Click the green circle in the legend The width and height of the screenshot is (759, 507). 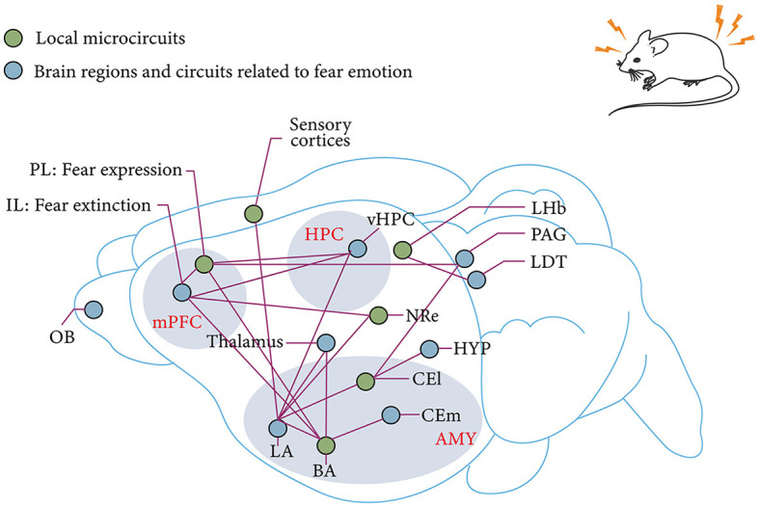coord(14,38)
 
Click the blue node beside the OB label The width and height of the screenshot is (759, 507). coord(94,309)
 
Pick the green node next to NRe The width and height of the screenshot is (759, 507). coord(378,315)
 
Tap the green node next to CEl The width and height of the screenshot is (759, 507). coord(366,383)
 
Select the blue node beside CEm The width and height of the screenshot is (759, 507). coord(391,415)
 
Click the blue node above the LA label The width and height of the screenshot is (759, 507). coord(278,427)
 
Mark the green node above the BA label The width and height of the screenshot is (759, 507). coord(326,445)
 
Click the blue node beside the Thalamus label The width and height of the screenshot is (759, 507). coord(326,342)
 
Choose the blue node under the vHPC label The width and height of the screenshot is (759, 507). coord(357,249)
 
